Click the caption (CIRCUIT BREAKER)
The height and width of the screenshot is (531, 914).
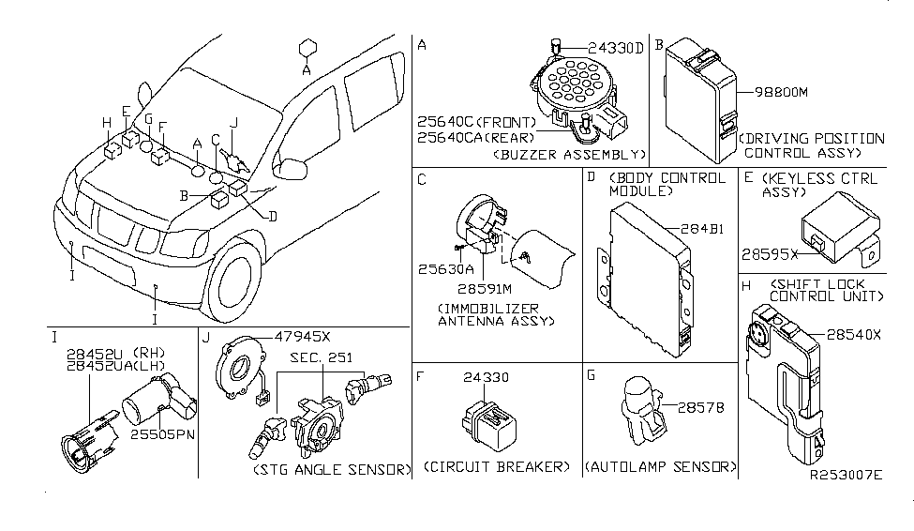tap(497, 466)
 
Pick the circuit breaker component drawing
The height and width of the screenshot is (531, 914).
tap(484, 418)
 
